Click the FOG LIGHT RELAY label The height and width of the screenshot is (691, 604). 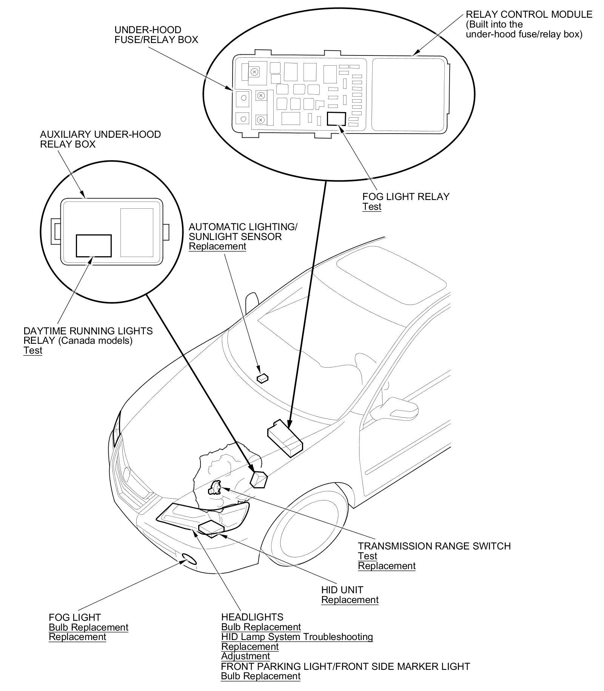point(406,197)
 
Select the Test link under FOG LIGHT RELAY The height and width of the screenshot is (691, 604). point(372,207)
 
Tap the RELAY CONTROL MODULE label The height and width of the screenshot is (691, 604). point(529,15)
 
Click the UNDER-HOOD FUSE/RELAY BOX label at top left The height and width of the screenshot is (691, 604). point(156,35)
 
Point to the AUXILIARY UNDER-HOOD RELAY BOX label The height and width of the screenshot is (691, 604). point(100,139)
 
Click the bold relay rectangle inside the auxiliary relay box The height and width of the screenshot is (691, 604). point(94,246)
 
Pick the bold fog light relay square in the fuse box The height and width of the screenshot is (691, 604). point(336,119)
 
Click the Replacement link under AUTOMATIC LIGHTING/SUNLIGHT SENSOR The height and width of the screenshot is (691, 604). point(217,246)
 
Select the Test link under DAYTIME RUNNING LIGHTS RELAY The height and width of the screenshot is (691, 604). point(33,351)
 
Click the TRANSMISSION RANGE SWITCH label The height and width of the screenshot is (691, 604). point(434,546)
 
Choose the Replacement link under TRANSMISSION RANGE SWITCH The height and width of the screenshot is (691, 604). point(387,566)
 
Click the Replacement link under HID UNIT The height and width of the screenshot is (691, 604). point(350,600)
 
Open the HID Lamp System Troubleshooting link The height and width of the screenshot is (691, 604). point(297,637)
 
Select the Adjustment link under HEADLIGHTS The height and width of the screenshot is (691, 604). point(245,656)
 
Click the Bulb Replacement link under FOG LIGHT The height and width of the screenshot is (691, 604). point(88,628)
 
